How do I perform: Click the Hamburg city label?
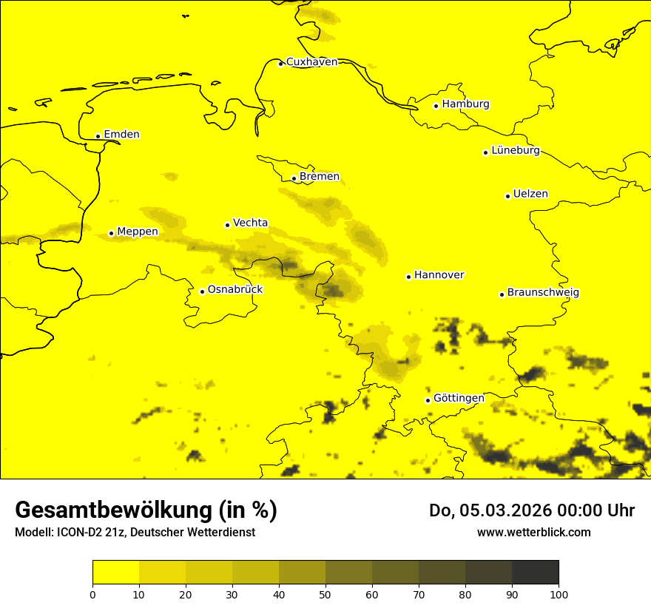pos(465,104)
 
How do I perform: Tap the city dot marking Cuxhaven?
pos(280,64)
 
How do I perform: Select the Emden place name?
pos(121,135)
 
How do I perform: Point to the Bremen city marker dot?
pos(294,178)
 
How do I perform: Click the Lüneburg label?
pos(515,151)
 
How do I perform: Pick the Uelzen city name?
pos(530,195)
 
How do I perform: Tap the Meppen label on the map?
pos(138,232)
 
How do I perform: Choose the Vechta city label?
pos(250,223)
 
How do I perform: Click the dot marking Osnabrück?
pos(202,291)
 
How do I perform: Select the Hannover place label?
pos(439,275)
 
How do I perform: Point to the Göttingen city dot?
pos(428,400)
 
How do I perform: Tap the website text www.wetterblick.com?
pos(534,532)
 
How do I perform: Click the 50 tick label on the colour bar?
pos(325,593)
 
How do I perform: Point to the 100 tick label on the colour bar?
pos(559,593)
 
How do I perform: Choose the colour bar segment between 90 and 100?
pos(535,572)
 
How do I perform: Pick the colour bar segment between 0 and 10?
pos(115,572)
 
